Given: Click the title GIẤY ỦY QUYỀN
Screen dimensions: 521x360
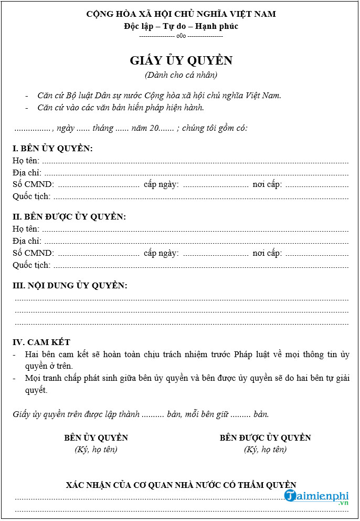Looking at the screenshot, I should [181, 61].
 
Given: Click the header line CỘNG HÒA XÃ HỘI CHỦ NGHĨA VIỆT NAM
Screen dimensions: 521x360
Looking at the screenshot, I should [181, 14].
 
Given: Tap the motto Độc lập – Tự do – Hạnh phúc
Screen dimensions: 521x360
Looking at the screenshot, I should [181, 26].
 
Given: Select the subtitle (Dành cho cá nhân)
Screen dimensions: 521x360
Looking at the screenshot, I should [181, 75].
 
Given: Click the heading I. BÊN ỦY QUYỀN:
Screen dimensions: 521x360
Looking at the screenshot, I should [52, 148].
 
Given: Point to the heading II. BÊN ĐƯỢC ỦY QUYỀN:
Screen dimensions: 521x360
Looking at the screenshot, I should [69, 216].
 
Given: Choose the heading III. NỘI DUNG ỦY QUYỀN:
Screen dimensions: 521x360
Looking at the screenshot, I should [70, 285].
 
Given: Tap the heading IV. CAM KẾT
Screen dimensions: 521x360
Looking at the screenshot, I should [41, 342].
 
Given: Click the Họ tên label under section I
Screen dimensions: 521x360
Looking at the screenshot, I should [26, 161].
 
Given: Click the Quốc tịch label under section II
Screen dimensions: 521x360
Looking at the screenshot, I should [31, 265].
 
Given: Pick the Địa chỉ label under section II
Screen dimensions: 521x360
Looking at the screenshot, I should [27, 241].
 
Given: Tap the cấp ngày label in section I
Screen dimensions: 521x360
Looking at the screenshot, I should [161, 184].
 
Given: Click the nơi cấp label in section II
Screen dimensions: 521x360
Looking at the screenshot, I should [267, 253].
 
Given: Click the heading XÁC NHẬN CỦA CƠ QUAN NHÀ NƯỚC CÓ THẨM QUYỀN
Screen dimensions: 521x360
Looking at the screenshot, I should [181, 485].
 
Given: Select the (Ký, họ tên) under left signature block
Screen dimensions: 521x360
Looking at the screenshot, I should [96, 450].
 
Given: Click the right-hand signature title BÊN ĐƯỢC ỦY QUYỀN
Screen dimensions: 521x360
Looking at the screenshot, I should [265, 437].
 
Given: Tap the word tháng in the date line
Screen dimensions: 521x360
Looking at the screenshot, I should [103, 128].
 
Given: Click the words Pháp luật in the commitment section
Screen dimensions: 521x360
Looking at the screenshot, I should [253, 355].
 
